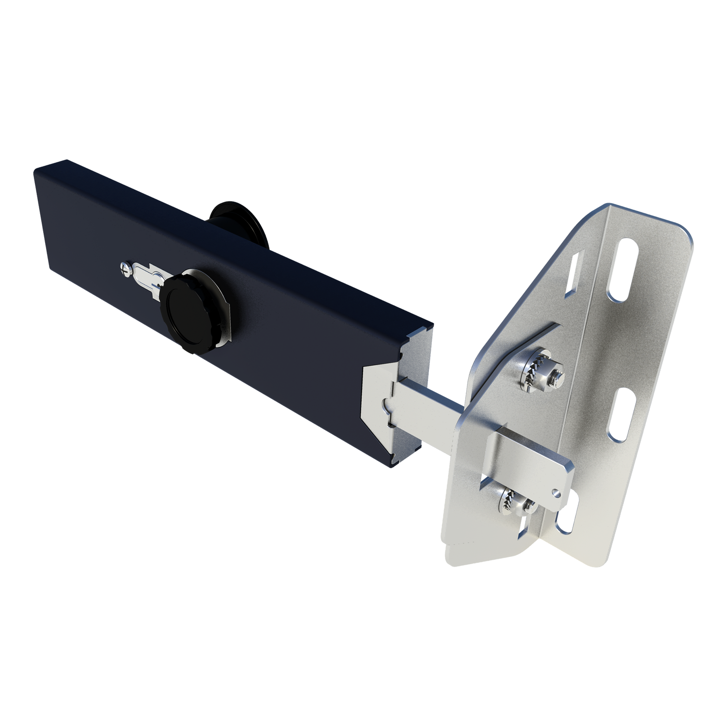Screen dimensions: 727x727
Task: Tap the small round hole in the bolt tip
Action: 558,492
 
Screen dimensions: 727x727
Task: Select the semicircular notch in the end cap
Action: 386,403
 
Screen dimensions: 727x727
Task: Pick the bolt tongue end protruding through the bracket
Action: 533,460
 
